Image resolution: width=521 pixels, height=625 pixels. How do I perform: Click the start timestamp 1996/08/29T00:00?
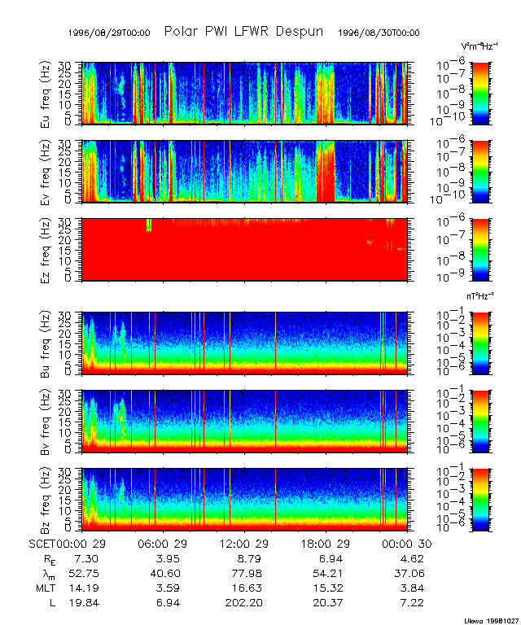pos(111,33)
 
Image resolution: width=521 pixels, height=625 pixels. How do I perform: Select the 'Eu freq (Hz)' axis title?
pos(46,94)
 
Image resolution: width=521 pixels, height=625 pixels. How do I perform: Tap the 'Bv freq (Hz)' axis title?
pos(46,421)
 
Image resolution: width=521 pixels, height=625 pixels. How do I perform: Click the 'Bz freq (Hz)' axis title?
pos(46,499)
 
